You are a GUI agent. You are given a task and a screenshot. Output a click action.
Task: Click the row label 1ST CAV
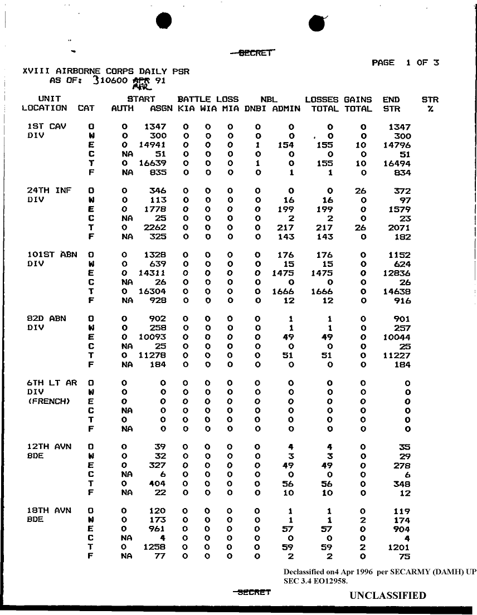47,127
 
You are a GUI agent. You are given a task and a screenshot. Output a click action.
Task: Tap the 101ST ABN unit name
52,255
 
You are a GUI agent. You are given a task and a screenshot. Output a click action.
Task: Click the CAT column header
86,109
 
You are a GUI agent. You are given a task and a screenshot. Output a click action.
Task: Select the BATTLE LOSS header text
208,99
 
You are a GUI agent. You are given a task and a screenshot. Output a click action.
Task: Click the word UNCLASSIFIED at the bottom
388,596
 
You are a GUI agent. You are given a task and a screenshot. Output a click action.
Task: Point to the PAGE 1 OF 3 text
405,62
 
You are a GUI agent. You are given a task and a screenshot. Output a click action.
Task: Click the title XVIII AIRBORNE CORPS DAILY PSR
106,71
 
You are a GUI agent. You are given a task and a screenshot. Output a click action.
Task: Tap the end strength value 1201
399,547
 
